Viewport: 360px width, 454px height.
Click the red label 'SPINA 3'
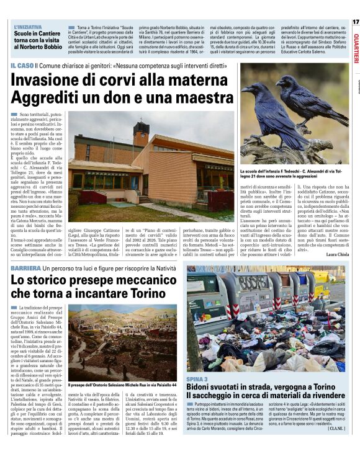pyautogui.click(x=197, y=378)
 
